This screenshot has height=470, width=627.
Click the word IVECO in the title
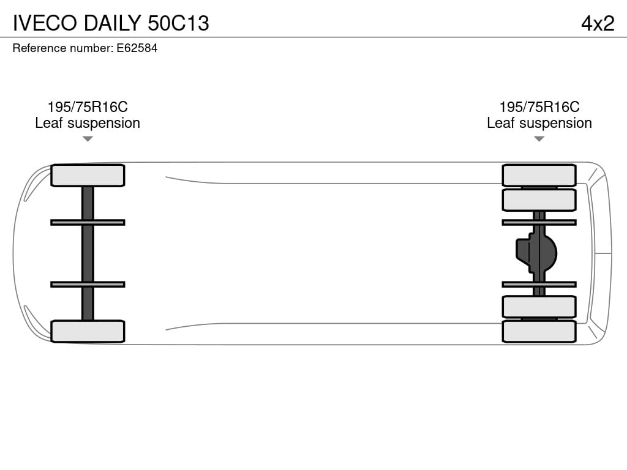click(x=45, y=23)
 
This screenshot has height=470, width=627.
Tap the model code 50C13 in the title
click(x=178, y=23)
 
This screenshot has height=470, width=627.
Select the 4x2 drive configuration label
click(x=598, y=23)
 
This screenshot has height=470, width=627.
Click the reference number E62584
click(x=137, y=48)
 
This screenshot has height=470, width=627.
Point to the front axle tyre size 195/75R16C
click(x=88, y=106)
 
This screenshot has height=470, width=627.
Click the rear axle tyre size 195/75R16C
click(x=539, y=106)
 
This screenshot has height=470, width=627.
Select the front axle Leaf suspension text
click(x=88, y=123)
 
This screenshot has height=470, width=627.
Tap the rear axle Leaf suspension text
click(x=539, y=123)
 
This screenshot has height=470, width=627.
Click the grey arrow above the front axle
click(x=88, y=139)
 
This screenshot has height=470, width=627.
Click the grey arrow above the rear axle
click(x=539, y=139)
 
